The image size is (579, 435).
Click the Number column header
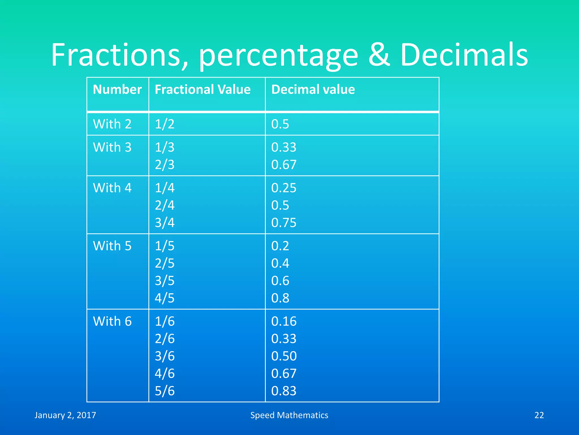117,89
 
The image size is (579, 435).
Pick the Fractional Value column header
202,89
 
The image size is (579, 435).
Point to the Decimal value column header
313,89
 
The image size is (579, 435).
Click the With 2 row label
112,124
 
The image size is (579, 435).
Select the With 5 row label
112,246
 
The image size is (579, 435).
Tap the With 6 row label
112,321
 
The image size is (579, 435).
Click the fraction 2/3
165,165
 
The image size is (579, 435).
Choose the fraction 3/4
165,223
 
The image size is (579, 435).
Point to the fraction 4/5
165,298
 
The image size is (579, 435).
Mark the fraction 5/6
165,391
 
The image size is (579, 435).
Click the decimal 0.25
284,188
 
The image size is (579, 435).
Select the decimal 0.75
284,223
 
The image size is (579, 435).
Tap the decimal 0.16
284,321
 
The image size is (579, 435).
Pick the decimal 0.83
284,391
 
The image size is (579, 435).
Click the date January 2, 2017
65,415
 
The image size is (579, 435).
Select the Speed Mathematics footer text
289,415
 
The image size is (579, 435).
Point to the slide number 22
539,415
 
